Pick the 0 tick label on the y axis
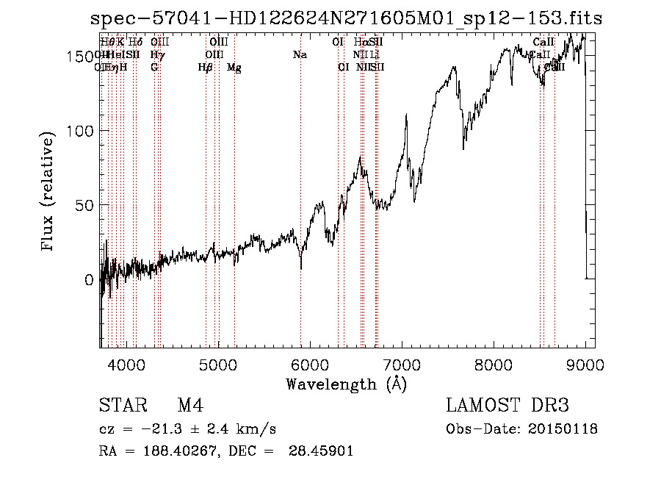tap(88, 280)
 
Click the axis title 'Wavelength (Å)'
tap(346, 384)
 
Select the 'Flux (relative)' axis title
tap(48, 193)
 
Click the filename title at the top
tap(345, 18)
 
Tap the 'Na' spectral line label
tap(300, 55)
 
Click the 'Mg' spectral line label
tap(234, 68)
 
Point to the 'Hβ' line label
tap(206, 68)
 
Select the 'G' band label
tap(154, 68)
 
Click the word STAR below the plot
tap(122, 406)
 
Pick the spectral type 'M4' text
tap(190, 406)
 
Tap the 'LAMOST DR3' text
tap(508, 406)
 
